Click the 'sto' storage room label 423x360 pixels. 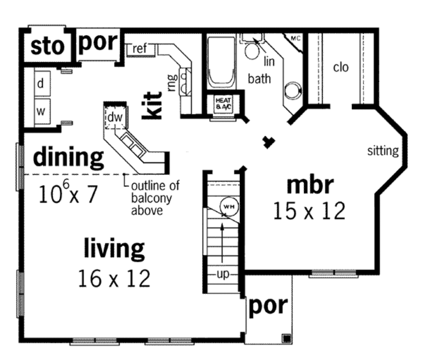click(x=48, y=46)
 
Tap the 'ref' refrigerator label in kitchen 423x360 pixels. click(x=140, y=49)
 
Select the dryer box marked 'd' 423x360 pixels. click(x=41, y=84)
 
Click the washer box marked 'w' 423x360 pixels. click(x=41, y=111)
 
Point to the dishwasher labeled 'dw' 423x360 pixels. click(x=115, y=117)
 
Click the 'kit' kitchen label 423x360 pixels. click(x=152, y=106)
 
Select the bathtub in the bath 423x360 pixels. click(x=221, y=62)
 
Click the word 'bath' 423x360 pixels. click(x=259, y=78)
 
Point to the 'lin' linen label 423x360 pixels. click(x=269, y=62)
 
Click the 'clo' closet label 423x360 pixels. click(x=341, y=67)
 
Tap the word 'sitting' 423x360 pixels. click(x=383, y=151)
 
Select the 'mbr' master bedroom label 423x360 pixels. click(x=310, y=185)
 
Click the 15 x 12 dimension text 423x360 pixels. click(x=309, y=211)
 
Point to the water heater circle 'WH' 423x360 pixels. click(x=227, y=205)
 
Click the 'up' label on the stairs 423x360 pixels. click(x=223, y=275)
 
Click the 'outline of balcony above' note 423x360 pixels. click(x=155, y=198)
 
